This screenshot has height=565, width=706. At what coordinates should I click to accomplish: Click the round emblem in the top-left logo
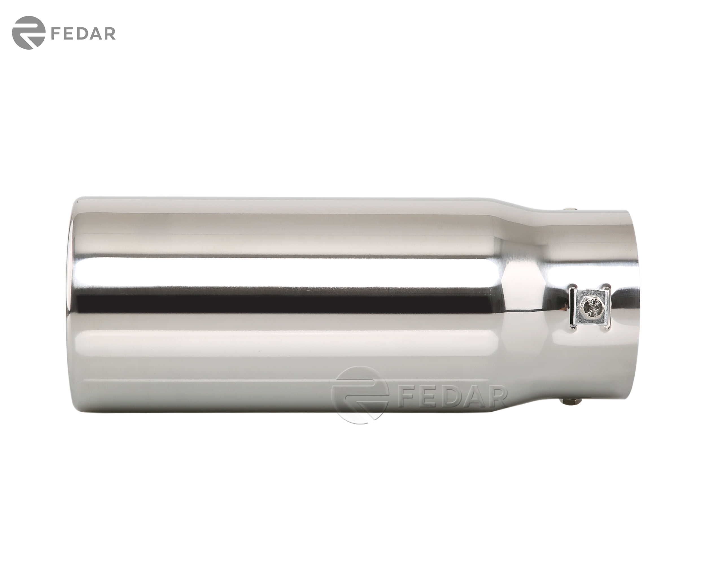tap(28, 33)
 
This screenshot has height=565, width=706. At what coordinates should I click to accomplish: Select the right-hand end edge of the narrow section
tap(637, 305)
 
